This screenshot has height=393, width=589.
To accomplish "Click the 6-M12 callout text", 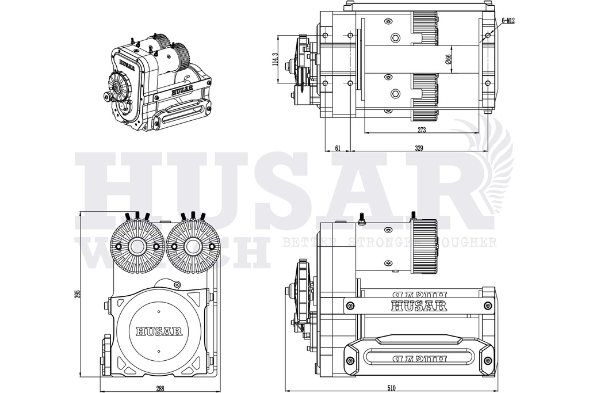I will pyautogui.click(x=507, y=21).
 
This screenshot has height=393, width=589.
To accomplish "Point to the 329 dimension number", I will pyautogui.click(x=419, y=148).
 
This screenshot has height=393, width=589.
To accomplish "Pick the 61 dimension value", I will pyautogui.click(x=338, y=148).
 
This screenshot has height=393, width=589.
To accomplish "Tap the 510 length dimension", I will pyautogui.click(x=391, y=388).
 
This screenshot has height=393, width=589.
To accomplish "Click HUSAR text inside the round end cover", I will pyautogui.click(x=159, y=331).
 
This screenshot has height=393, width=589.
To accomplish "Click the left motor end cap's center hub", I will pyautogui.click(x=138, y=246).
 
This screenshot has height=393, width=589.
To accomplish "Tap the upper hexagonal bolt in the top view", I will pyautogui.click(x=395, y=39).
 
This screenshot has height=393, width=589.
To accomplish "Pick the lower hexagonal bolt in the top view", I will pyautogui.click(x=395, y=93).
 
